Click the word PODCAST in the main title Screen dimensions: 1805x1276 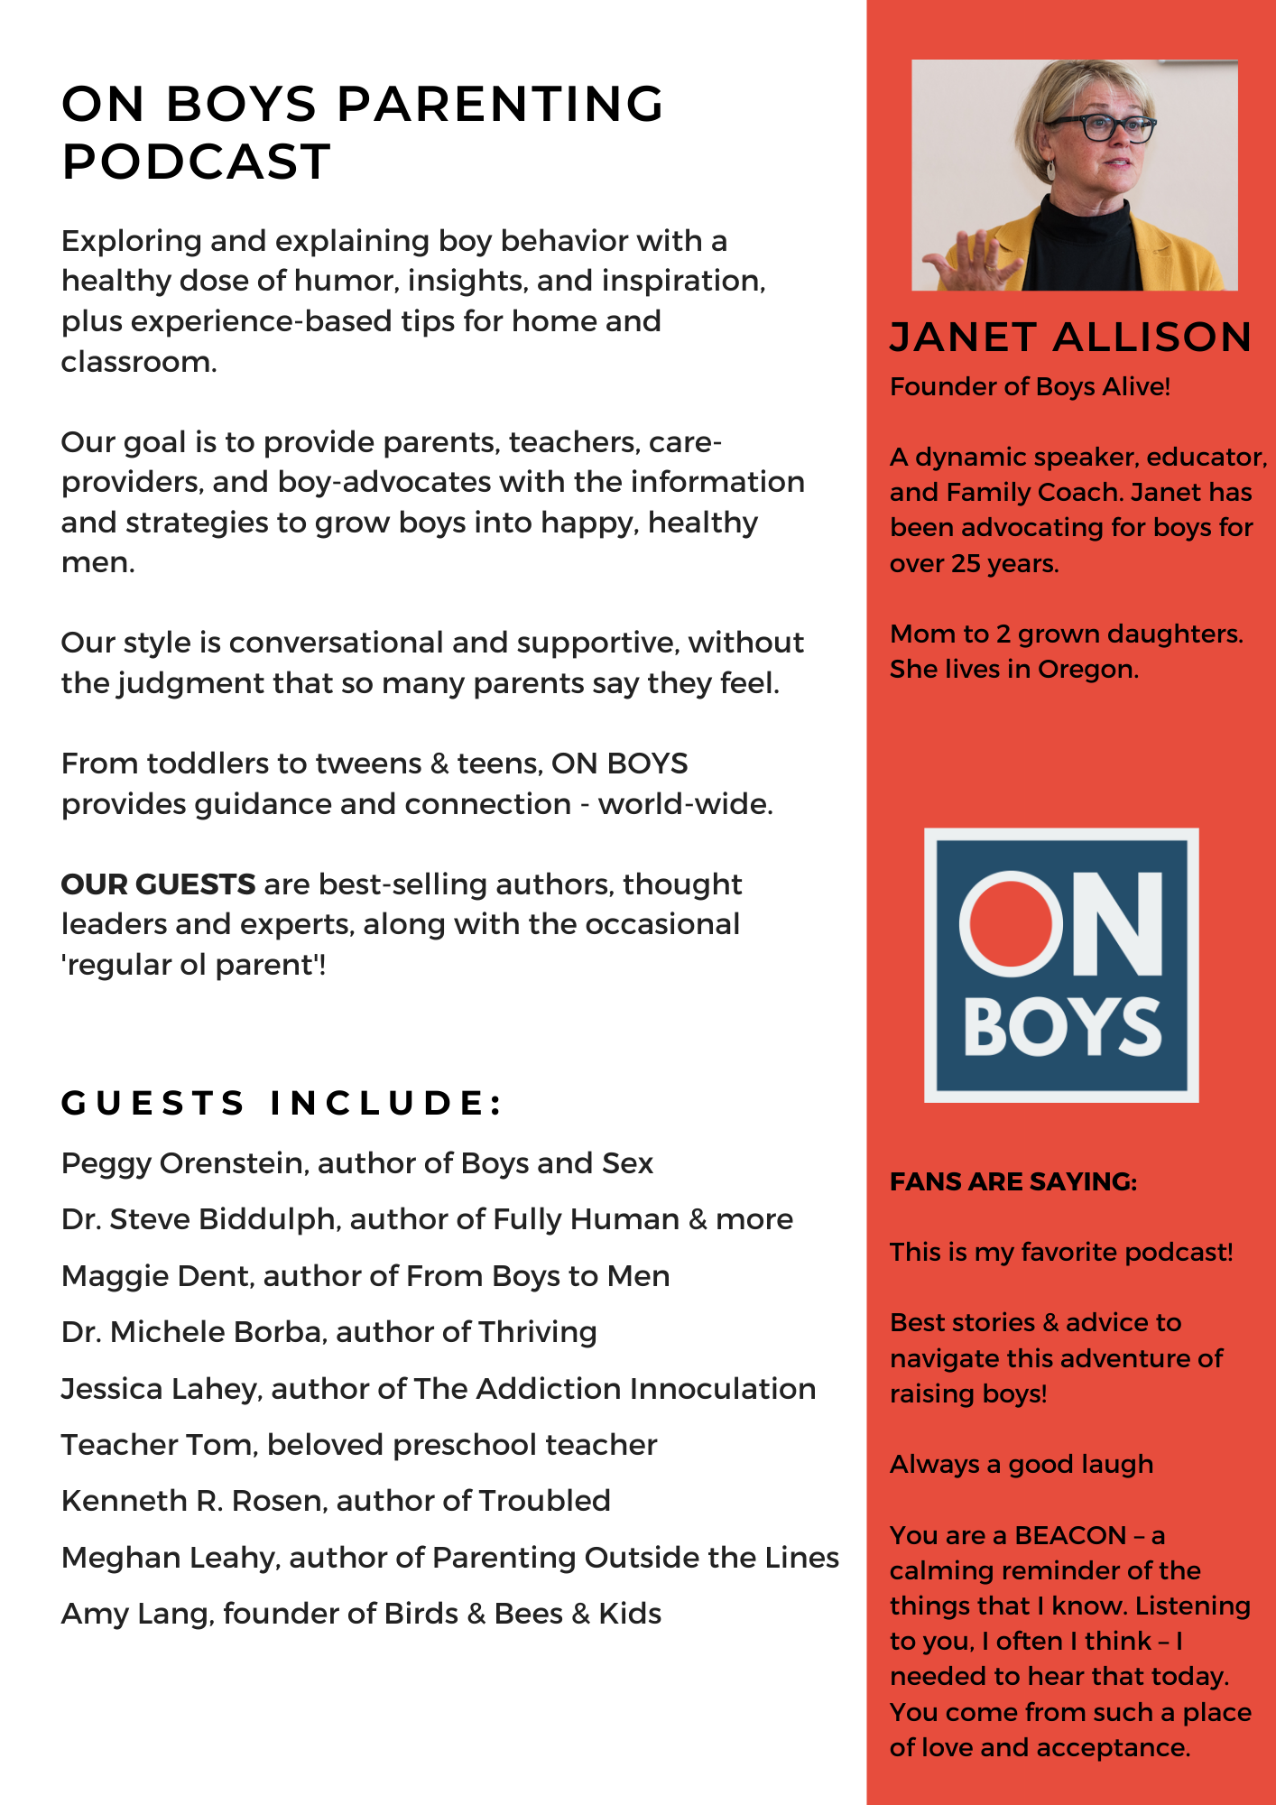[x=196, y=162]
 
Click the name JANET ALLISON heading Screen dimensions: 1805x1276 [x=1070, y=338]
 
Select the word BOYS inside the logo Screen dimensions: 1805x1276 [x=1062, y=1027]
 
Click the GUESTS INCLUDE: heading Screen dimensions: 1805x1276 [x=281, y=1103]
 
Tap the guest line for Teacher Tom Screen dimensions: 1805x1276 [x=358, y=1445]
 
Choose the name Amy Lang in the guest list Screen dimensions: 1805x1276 [x=135, y=1614]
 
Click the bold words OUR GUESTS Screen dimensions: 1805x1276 [x=158, y=884]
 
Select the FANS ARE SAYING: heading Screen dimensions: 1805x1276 [x=1013, y=1181]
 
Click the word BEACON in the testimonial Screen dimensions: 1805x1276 [x=1070, y=1535]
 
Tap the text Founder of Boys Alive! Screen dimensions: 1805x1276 [x=1030, y=386]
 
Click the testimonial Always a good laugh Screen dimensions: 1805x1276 [x=1022, y=1465]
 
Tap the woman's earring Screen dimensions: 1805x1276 [x=1049, y=170]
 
